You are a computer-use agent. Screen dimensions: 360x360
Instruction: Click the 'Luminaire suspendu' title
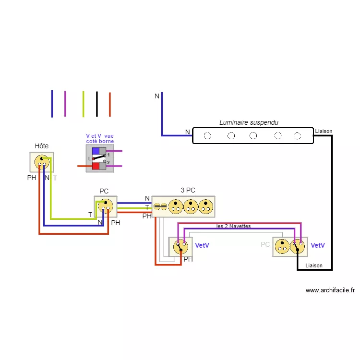249,123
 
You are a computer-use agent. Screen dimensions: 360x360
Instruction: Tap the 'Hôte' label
42,146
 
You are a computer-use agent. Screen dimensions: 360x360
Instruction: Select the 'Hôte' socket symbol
42,162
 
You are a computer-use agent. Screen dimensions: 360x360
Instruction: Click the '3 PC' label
188,190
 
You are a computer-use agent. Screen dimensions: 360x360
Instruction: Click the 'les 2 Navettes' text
234,226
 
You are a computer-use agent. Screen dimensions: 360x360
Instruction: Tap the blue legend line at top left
52,103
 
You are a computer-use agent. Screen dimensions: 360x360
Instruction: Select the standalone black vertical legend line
96,103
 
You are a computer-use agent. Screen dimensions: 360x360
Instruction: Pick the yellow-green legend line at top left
83,104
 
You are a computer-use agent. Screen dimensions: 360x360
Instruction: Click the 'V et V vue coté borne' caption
100,139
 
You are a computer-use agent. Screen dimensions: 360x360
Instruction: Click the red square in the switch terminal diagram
95,166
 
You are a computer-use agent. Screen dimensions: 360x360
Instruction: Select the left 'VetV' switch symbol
181,246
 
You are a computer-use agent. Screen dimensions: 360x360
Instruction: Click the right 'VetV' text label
318,245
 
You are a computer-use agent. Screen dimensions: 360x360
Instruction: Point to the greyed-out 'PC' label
265,245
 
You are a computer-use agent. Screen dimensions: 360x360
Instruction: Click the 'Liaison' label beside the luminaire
324,131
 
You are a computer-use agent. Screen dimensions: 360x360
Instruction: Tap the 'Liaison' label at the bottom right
314,265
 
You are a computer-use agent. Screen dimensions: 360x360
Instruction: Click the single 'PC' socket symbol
106,206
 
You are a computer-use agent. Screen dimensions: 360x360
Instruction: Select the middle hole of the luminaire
253,136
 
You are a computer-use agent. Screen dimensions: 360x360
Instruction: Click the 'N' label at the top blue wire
156,96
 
